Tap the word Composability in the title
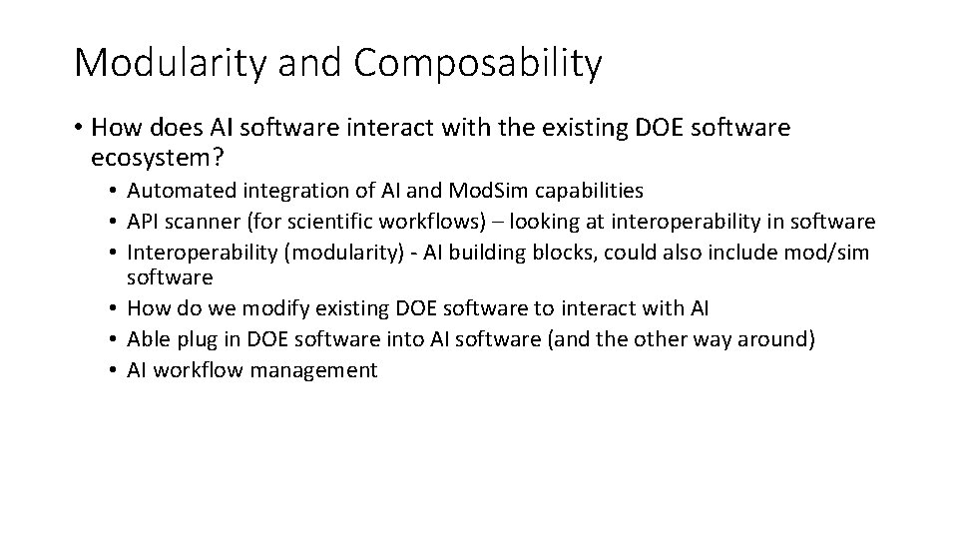click(x=477, y=63)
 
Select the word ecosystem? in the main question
click(x=157, y=158)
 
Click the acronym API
click(x=146, y=221)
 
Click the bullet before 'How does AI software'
click(x=77, y=129)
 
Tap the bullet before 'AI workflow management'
click(x=114, y=370)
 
